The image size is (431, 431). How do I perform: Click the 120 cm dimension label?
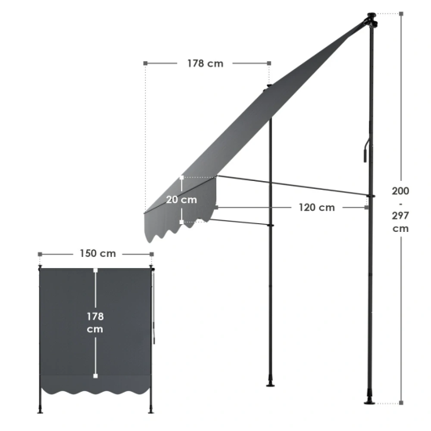[x=317, y=207]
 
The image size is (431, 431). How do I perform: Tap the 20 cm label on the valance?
[x=182, y=200]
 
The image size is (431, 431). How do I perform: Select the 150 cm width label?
[x=98, y=253]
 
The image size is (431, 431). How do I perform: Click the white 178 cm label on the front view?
[x=95, y=323]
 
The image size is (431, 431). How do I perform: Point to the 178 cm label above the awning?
[x=205, y=63]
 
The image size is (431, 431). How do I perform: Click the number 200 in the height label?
[x=400, y=190]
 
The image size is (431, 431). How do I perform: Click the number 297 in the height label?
[x=400, y=215]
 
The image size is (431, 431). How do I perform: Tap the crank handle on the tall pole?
[x=366, y=150]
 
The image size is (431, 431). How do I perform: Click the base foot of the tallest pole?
[x=369, y=401]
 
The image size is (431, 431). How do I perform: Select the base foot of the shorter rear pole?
[x=270, y=385]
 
